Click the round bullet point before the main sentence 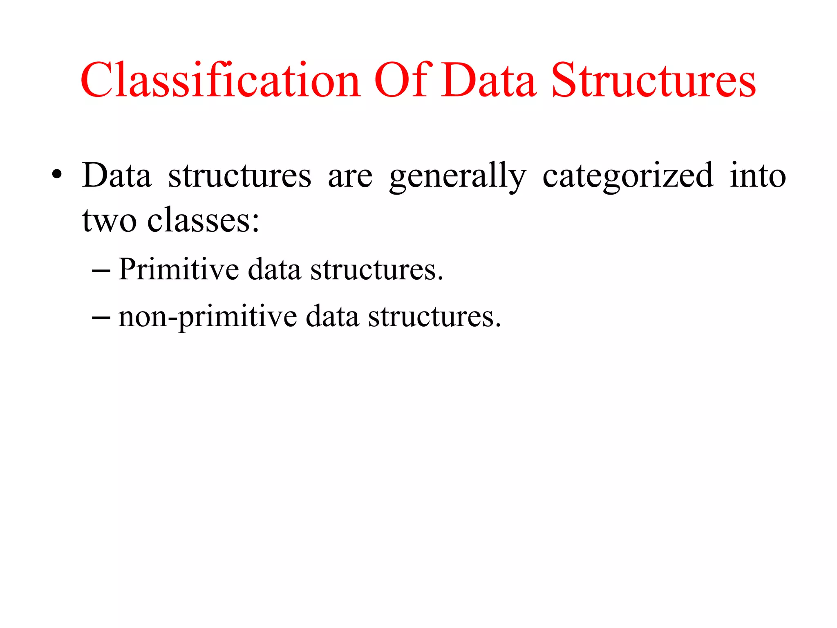click(57, 176)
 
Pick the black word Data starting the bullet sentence click(116, 175)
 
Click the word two click(109, 221)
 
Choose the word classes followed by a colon click(203, 221)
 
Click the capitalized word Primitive click(179, 270)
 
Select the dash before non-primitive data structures click(101, 317)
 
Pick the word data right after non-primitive click(332, 316)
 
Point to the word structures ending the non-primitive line click(434, 316)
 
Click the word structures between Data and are click(239, 176)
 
